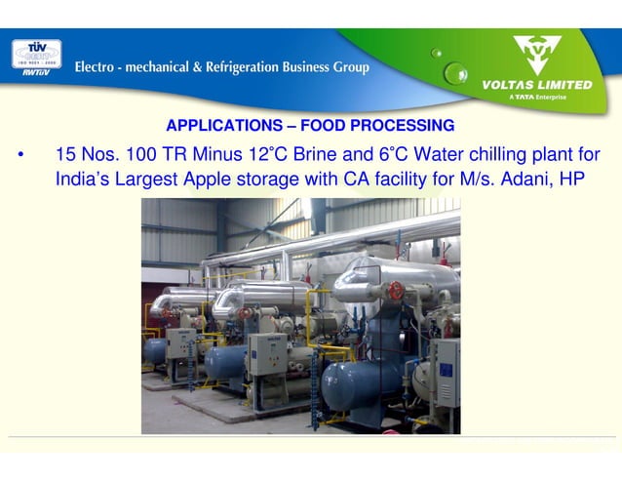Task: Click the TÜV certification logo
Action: [36, 55]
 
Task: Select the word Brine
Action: [315, 155]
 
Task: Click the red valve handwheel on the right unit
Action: [396, 290]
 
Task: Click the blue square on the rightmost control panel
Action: [446, 369]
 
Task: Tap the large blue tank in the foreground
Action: [360, 384]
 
